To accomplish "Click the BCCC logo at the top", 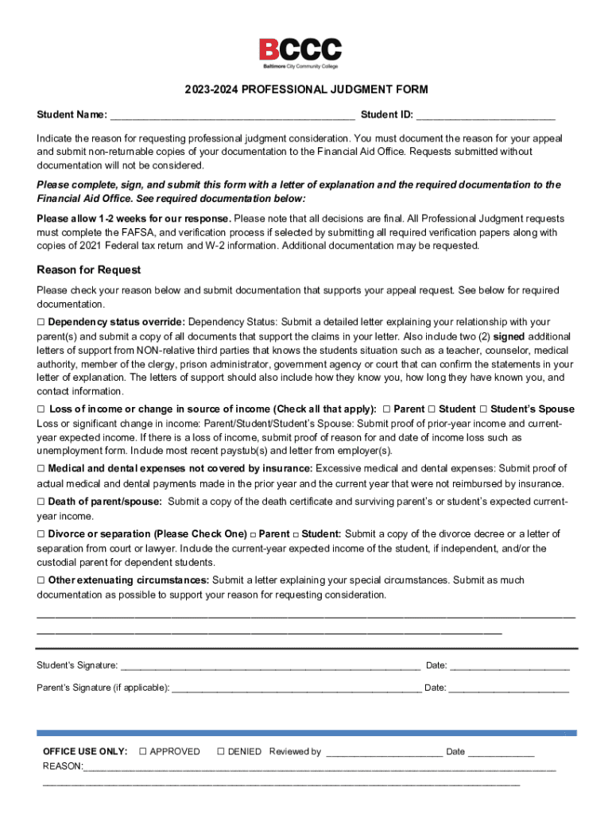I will pos(300,53).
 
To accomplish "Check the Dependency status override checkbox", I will pos(41,322).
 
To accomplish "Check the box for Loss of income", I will pos(41,409).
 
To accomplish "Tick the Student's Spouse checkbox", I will pos(483,409).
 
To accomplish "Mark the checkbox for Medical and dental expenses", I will pos(41,468).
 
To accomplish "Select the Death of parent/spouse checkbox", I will pos(41,502).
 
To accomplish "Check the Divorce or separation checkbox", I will pos(41,533).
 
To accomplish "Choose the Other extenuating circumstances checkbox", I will pos(41,580).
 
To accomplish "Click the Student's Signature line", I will pos(269,666).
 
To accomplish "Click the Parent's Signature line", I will pos(296,688).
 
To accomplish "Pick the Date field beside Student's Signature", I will pos(509,666).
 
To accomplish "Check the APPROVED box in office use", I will pos(143,751).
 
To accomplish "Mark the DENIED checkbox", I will pos(221,751).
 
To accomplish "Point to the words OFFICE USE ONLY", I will pos(84,751).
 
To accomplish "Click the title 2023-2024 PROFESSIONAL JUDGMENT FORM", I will pos(306,90).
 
